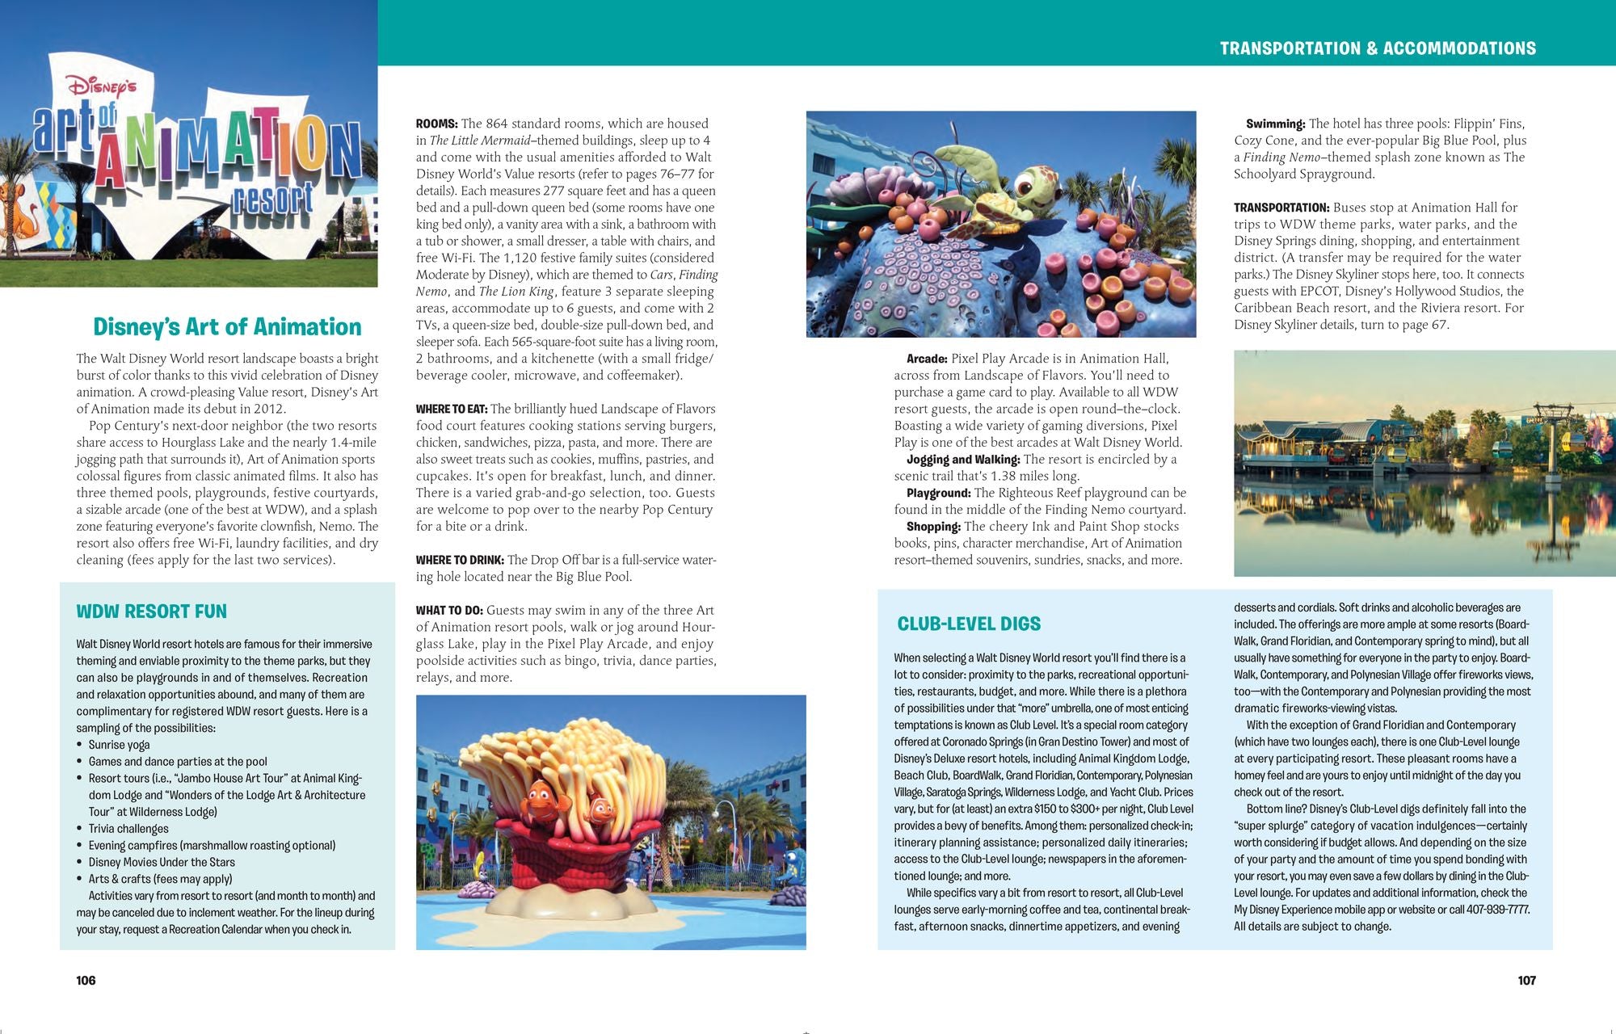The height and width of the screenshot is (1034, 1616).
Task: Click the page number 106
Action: [86, 980]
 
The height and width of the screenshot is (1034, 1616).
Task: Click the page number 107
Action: [1526, 980]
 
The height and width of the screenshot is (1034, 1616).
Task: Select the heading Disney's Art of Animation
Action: [227, 326]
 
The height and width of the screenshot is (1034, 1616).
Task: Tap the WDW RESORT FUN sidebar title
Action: [151, 612]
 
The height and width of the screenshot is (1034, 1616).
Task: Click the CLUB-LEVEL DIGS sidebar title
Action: [969, 624]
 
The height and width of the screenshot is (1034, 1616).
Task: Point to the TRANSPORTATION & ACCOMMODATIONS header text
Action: [1378, 48]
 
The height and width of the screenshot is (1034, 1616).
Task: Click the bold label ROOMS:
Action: [436, 124]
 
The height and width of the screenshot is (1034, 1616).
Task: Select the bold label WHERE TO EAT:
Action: [451, 409]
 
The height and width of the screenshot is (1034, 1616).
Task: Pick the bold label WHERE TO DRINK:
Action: [460, 560]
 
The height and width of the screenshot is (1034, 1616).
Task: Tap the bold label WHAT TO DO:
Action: [449, 610]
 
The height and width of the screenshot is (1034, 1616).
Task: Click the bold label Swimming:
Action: [1275, 124]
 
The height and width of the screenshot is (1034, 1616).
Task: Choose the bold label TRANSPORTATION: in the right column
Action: [1281, 208]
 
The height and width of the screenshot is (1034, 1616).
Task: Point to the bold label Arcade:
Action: [927, 359]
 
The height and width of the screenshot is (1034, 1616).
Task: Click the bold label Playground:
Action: [938, 493]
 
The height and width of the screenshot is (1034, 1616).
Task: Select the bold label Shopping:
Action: [933, 527]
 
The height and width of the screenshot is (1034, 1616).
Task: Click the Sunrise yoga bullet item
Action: [119, 745]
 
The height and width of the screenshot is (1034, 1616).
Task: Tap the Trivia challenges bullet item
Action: [128, 829]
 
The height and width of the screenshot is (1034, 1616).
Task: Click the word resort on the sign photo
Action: [272, 198]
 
